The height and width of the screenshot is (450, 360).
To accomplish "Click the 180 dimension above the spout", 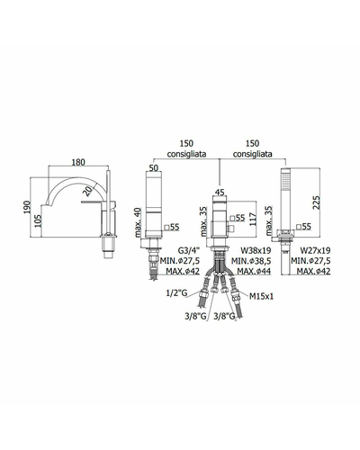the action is click(78, 162).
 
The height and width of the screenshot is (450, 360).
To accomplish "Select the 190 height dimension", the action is click(27, 207).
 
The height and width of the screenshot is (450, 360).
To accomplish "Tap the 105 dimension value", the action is click(38, 220).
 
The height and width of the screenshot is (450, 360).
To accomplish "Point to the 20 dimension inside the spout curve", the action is click(87, 191).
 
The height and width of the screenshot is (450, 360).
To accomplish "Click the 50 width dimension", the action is click(153, 168).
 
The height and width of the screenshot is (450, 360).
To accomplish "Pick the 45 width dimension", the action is click(220, 193).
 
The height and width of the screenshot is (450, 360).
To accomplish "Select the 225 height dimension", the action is click(316, 202).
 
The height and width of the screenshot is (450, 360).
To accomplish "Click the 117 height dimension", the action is click(253, 220).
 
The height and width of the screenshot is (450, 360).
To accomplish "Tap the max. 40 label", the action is click(138, 222).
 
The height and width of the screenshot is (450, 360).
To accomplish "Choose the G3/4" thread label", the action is click(188, 250).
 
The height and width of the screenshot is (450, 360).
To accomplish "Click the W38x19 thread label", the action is click(256, 250).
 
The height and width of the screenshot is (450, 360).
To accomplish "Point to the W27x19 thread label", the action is click(315, 250).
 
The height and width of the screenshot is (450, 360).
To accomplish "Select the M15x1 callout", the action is click(261, 296).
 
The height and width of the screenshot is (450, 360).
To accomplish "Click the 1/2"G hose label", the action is click(176, 292).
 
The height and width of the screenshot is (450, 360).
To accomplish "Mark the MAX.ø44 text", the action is click(254, 271).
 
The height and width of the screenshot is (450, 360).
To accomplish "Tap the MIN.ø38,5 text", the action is click(251, 261).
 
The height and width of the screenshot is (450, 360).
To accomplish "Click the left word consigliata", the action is click(186, 154).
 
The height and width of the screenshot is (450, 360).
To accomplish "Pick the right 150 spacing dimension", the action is click(252, 143).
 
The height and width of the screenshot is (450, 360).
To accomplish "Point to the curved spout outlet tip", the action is click(44, 204).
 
